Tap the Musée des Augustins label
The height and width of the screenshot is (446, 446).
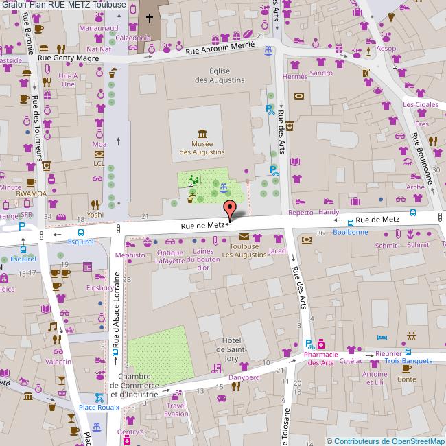[202, 148]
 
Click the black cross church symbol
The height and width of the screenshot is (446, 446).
[150, 17]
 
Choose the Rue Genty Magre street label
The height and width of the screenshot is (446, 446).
[68, 58]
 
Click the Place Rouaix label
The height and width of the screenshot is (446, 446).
[99, 407]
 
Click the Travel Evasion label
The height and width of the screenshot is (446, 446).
[176, 410]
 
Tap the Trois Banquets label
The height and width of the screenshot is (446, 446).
[408, 360]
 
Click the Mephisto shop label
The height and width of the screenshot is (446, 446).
[130, 255]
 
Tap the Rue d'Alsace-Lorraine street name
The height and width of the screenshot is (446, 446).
[117, 309]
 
